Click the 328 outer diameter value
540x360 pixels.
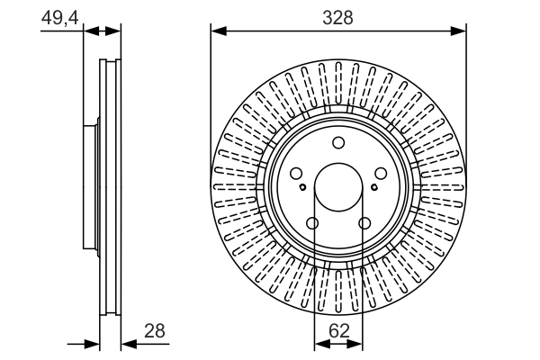[338, 17]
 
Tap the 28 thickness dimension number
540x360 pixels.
[155, 330]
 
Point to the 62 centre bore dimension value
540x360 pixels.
[338, 330]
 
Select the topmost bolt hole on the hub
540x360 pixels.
[338, 143]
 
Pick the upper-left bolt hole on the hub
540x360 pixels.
[296, 175]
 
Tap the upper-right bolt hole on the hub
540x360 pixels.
[381, 175]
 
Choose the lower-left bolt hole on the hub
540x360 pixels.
[312, 224]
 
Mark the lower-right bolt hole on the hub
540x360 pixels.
[364, 224]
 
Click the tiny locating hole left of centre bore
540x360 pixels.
[303, 187]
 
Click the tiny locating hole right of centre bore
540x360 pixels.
[373, 187]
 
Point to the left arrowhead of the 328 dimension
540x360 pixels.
[217, 31]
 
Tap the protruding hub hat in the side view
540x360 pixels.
[90, 186]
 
